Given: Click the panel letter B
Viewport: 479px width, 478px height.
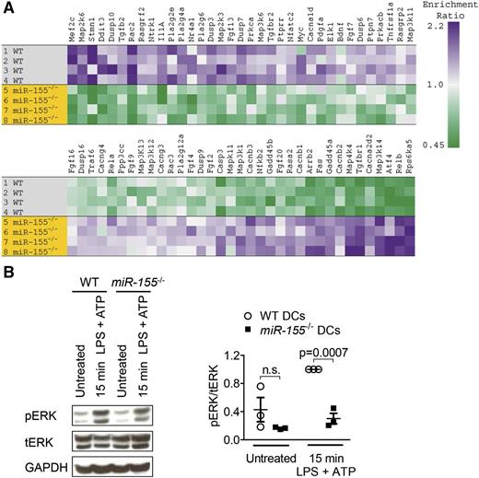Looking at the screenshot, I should pos(7,274).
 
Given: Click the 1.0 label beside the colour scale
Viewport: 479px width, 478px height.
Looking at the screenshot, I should pos(463,86).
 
